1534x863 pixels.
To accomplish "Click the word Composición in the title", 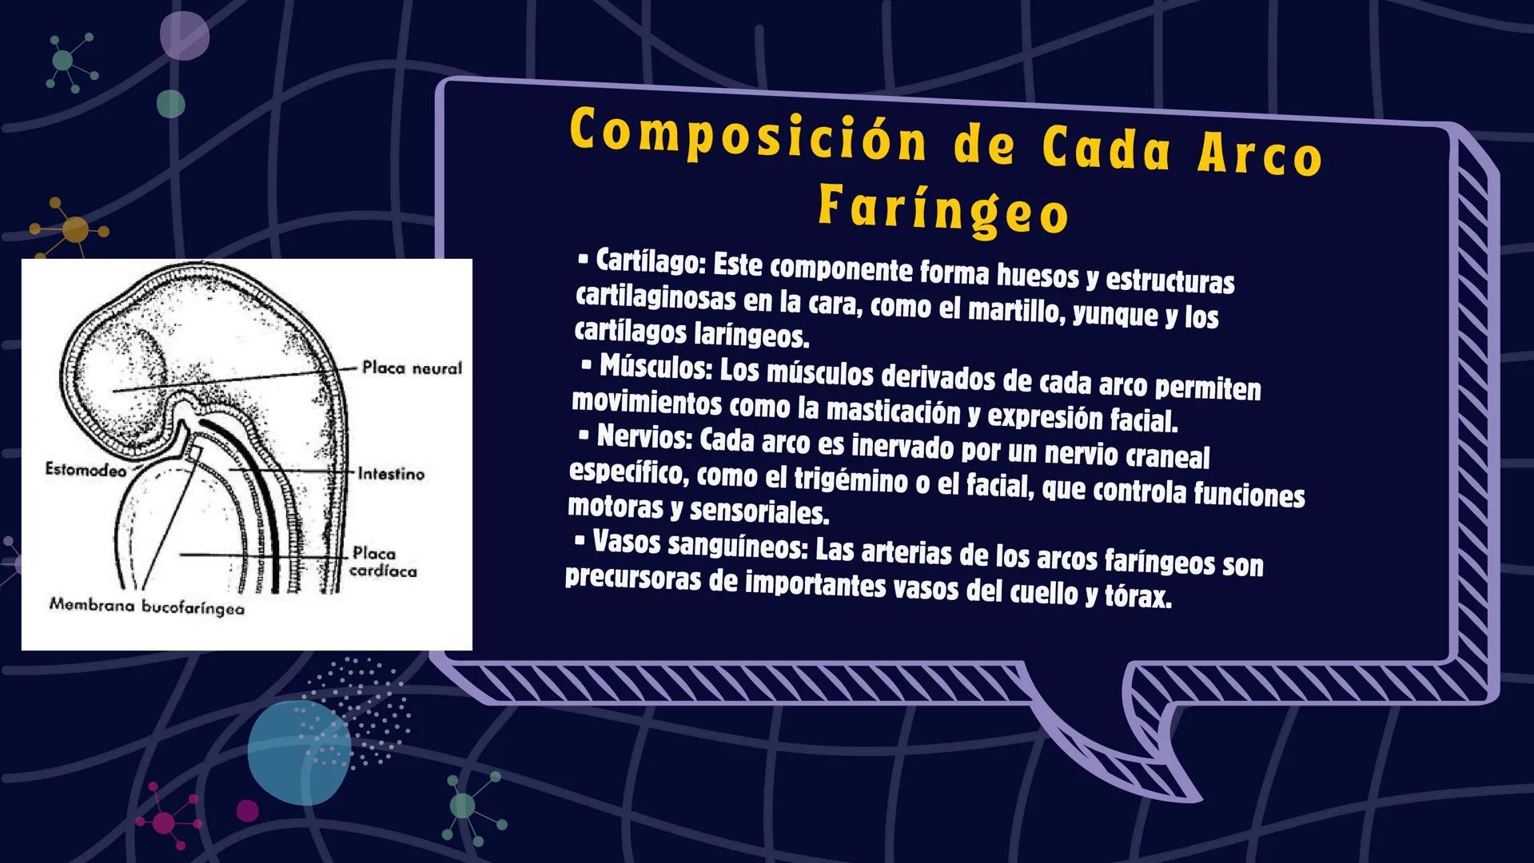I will coord(747,137).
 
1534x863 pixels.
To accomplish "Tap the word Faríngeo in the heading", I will coord(943,209).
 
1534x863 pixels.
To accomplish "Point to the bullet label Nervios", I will coord(643,437).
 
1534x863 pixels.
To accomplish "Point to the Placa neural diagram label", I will coord(412,368).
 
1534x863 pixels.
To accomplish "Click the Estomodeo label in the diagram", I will coord(86,471).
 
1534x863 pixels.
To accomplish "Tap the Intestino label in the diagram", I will coord(391,474).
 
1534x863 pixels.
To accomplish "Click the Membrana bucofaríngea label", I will coord(147,607).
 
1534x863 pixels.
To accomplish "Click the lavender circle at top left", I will coord(184,36).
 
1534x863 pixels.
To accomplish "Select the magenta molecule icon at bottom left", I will coord(165,821).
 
